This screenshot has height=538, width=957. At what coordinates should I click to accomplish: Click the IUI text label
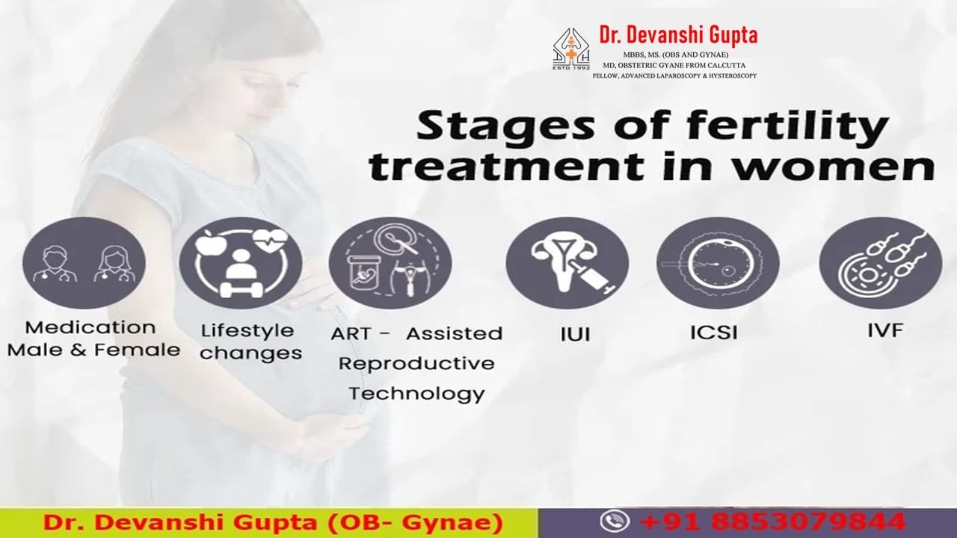(x=575, y=334)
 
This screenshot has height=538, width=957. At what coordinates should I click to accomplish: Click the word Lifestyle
(x=247, y=330)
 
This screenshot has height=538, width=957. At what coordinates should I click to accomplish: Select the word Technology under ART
(x=416, y=393)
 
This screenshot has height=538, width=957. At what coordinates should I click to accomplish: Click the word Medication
(x=90, y=327)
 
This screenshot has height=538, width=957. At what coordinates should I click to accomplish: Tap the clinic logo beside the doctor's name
(x=571, y=49)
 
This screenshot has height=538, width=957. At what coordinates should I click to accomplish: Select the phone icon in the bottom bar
(x=615, y=521)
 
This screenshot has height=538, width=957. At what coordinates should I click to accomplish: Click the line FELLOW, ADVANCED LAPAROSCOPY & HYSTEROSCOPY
(x=674, y=75)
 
